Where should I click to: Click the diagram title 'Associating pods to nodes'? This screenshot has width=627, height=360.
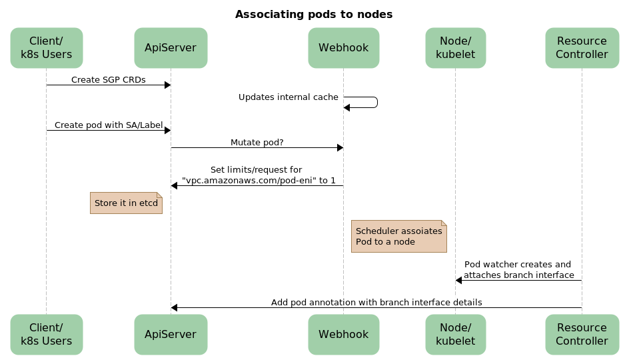click(x=313, y=14)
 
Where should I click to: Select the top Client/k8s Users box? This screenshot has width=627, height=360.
click(x=47, y=48)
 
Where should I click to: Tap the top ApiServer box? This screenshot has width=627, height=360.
click(x=171, y=48)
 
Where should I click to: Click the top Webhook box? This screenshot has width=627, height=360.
click(x=344, y=48)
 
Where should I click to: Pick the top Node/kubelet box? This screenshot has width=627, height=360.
click(x=455, y=48)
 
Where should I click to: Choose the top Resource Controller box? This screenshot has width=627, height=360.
click(x=582, y=48)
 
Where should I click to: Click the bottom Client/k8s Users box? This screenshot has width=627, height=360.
click(x=47, y=334)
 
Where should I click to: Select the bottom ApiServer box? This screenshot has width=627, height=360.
click(x=171, y=334)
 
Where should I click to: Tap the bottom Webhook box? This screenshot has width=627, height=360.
click(x=344, y=334)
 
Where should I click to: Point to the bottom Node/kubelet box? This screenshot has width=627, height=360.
click(x=455, y=334)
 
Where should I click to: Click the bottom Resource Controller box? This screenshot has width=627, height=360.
click(x=582, y=334)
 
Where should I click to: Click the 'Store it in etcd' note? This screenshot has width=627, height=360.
click(x=126, y=203)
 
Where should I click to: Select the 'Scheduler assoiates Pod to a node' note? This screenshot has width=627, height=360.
click(x=398, y=236)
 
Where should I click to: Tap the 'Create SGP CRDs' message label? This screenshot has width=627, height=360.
click(x=108, y=80)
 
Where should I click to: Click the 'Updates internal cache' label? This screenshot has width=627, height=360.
click(x=289, y=97)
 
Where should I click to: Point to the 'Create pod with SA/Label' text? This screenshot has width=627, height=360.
click(x=108, y=125)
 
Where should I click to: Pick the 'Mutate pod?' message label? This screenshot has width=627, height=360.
click(x=257, y=142)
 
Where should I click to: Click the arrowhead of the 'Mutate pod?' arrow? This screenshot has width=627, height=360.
click(x=339, y=148)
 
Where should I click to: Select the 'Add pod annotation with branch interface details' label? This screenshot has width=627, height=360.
click(x=376, y=302)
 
